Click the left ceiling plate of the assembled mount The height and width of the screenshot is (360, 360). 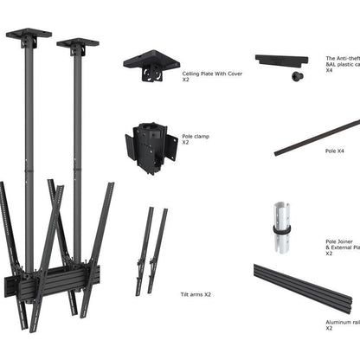[x=28, y=36]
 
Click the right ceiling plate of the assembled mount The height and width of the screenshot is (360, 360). [x=78, y=42]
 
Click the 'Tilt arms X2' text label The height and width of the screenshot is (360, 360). [x=195, y=294]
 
